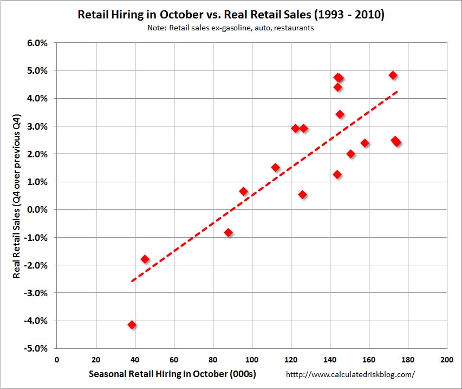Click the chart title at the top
(230, 15)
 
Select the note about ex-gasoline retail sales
(230, 28)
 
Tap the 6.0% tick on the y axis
(37, 43)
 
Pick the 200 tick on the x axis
(447, 359)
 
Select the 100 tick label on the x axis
(252, 359)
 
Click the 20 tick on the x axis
(96, 359)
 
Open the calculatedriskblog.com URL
(350, 374)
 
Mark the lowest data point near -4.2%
(132, 325)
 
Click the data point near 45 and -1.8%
(145, 259)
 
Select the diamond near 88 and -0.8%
(228, 232)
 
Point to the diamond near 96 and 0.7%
(243, 191)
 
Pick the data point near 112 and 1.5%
(275, 167)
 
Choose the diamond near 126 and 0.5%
(302, 194)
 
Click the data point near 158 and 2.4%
(365, 143)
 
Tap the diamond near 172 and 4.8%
(393, 75)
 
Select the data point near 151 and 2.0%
(350, 154)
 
